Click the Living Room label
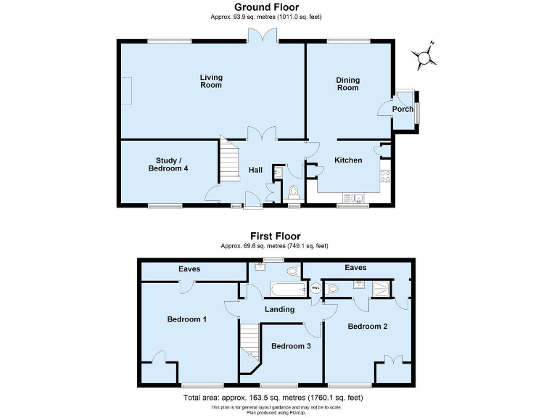[211, 81]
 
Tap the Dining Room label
[347, 83]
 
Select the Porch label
[403, 110]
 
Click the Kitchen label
[348, 160]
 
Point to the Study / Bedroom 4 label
[168, 165]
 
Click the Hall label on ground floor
[255, 170]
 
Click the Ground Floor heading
[266, 7]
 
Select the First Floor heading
[275, 236]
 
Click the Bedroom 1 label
[187, 319]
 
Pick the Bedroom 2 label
[367, 327]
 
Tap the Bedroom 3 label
[291, 346]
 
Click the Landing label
[280, 309]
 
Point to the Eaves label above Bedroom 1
[189, 269]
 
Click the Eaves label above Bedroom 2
[355, 268]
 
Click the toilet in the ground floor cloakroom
[293, 192]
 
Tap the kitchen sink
[357, 196]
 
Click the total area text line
[273, 398]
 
